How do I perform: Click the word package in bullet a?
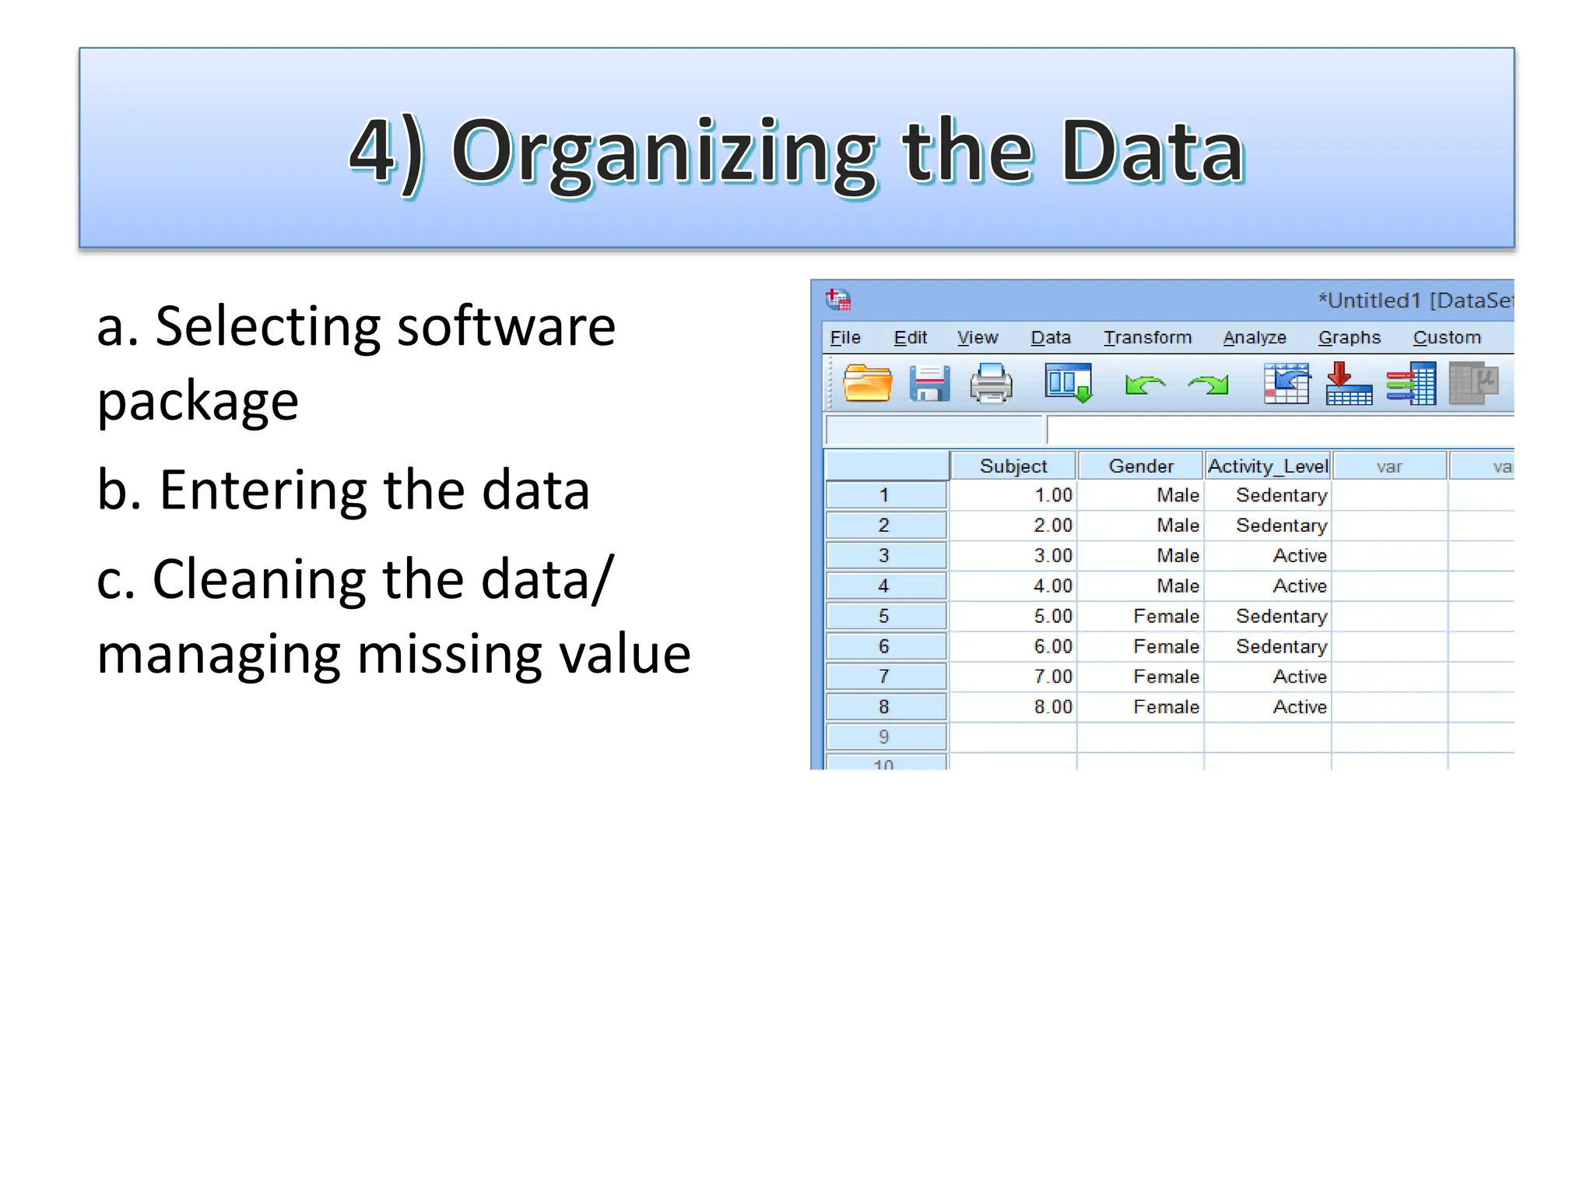[x=198, y=402]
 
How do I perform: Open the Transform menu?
[x=1147, y=338]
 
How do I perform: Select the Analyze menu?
[x=1254, y=338]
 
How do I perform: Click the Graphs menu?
[x=1349, y=338]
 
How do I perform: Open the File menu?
[x=845, y=338]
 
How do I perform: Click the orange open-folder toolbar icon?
[x=867, y=384]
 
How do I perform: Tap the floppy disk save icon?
[x=929, y=384]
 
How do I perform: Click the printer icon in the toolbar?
[x=991, y=384]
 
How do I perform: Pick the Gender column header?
[x=1141, y=466]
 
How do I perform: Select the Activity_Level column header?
[x=1268, y=466]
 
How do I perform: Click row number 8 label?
[x=884, y=707]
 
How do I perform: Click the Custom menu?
[x=1446, y=338]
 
